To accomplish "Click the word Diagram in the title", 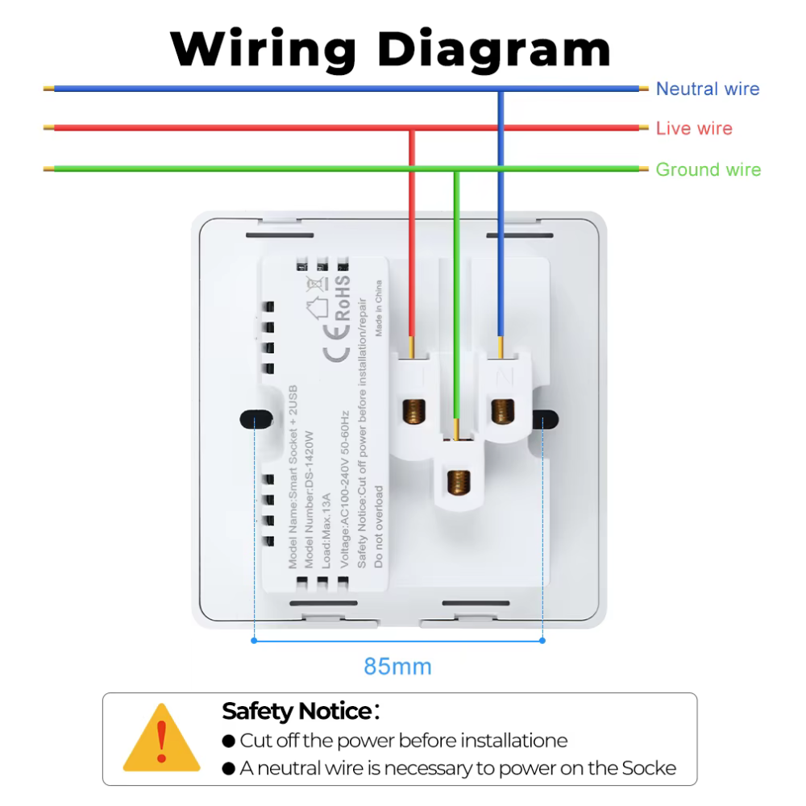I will (494, 49).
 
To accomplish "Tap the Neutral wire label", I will (707, 89).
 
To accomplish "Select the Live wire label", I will (693, 128).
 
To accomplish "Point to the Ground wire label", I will (708, 169).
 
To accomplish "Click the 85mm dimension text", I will (397, 667).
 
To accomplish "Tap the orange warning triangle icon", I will (162, 737).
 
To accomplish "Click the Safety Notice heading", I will (296, 712).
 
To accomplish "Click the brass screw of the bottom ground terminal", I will (459, 483).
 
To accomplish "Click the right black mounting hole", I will (546, 419).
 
